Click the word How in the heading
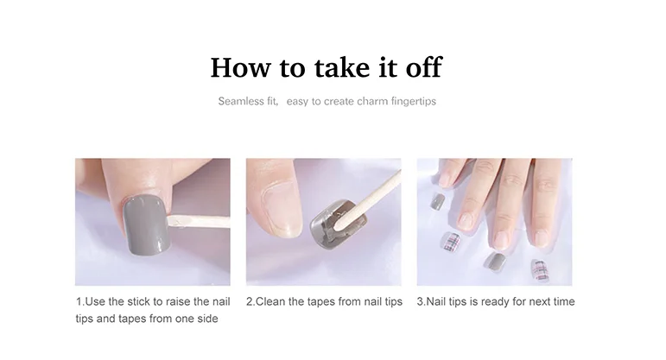point(240,67)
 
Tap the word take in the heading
point(342,67)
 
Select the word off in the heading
point(424,66)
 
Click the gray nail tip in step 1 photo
point(147,224)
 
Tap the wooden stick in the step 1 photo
point(199,221)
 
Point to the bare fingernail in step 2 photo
point(282,209)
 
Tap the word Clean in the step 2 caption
point(270,301)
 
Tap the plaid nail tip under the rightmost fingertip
point(539,271)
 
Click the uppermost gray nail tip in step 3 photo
point(437,201)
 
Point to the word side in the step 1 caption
point(208,319)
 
